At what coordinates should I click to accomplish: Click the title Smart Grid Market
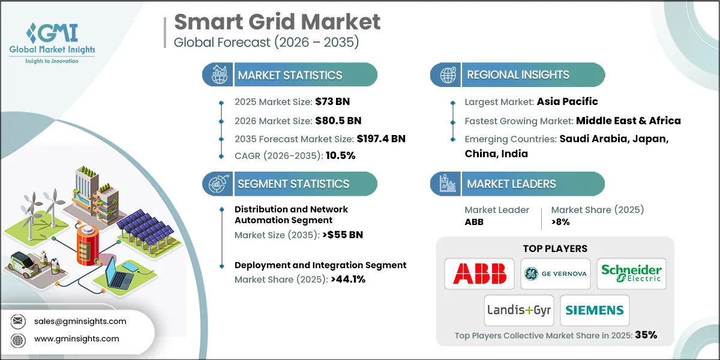(x=277, y=22)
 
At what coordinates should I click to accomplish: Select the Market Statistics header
(x=290, y=75)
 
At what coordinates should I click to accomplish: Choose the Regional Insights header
(x=518, y=75)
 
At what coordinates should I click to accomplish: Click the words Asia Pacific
(x=568, y=101)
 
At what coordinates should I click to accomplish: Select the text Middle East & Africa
(x=628, y=121)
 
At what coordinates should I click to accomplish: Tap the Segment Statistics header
(x=293, y=184)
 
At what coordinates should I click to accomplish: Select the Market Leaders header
(x=512, y=184)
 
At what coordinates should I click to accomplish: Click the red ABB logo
(x=479, y=274)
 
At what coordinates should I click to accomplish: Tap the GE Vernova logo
(x=555, y=274)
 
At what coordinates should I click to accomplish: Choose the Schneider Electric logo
(x=631, y=274)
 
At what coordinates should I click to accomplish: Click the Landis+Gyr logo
(x=519, y=310)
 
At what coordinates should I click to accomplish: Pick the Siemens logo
(x=595, y=310)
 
